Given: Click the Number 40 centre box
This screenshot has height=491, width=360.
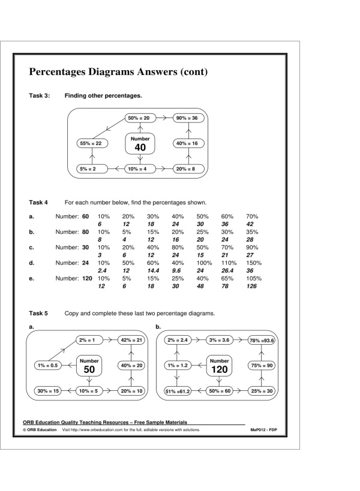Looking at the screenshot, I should tap(140, 144).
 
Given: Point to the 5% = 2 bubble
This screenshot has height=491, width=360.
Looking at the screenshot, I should tap(91, 169).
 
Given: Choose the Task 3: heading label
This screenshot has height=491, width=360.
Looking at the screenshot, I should tap(40, 95).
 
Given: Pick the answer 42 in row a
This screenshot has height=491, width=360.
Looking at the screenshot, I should tap(251, 223).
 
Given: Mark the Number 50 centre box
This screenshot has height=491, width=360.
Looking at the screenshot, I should tap(89, 366).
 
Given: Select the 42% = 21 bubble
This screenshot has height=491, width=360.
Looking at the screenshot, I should tap(131, 341).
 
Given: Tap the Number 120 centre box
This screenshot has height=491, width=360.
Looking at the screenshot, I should tap(220, 366).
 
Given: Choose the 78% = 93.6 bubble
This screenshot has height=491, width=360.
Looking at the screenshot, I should tap(262, 341).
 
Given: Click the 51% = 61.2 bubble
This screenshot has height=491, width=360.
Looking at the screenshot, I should tap(177, 392).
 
